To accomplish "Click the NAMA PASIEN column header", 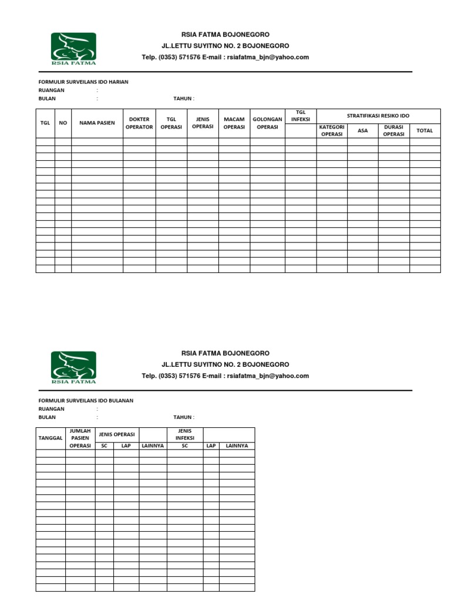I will tap(97, 123).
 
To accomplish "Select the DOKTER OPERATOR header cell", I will tap(139, 123).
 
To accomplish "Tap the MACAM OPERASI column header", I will tap(234, 123).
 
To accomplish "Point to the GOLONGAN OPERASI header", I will tap(267, 123).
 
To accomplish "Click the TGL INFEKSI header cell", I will tap(301, 116).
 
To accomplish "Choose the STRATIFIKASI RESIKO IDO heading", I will tap(378, 116).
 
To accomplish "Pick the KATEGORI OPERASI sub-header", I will tap(332, 130).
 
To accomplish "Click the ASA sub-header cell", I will tap(363, 130).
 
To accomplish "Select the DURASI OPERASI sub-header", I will tap(393, 130).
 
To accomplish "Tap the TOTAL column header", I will tap(425, 130).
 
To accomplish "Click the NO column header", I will tap(63, 123).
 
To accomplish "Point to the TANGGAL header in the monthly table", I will tap(51, 438).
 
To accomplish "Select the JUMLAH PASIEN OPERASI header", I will tap(80, 438).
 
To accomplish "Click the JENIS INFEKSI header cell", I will tap(184, 434).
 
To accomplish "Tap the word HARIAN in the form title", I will tap(118, 82).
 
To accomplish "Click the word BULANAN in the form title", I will tap(120, 400).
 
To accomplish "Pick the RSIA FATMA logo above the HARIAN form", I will tap(73, 49).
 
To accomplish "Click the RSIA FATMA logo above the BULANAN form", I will tap(73, 367).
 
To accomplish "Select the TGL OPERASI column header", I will tap(171, 123).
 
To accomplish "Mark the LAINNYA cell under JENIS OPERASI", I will tap(153, 446).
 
